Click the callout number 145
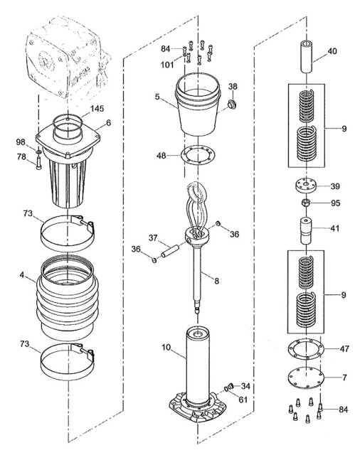click(x=97, y=109)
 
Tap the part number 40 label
click(x=332, y=51)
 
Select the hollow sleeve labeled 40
click(x=307, y=57)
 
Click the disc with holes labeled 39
click(x=307, y=186)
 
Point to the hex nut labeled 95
click(x=306, y=203)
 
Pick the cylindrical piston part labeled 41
click(x=307, y=231)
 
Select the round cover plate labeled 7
click(x=306, y=378)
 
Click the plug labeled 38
click(x=232, y=105)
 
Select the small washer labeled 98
click(x=38, y=151)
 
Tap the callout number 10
click(x=166, y=348)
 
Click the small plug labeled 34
click(x=231, y=386)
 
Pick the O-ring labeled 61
click(x=226, y=389)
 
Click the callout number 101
click(x=167, y=65)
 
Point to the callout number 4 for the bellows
click(x=22, y=274)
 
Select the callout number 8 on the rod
click(x=216, y=281)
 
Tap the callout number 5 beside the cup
click(x=157, y=97)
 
